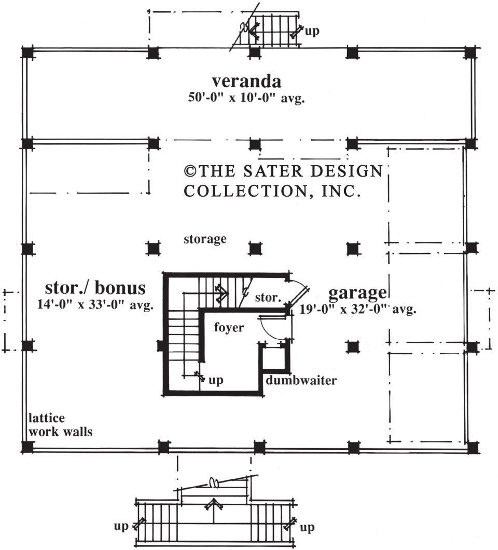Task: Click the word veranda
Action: point(246,82)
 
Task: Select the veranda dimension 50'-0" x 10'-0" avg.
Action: point(246,98)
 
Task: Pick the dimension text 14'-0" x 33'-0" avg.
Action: point(95,305)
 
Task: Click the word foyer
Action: point(229,328)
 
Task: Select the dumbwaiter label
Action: point(301,381)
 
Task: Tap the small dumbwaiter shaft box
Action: point(273,358)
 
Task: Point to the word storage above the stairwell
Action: point(205,239)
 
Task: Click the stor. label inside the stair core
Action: point(268,299)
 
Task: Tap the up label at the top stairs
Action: point(312,31)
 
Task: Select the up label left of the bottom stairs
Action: point(121,527)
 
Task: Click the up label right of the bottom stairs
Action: point(307,528)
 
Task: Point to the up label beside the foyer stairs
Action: point(216,380)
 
